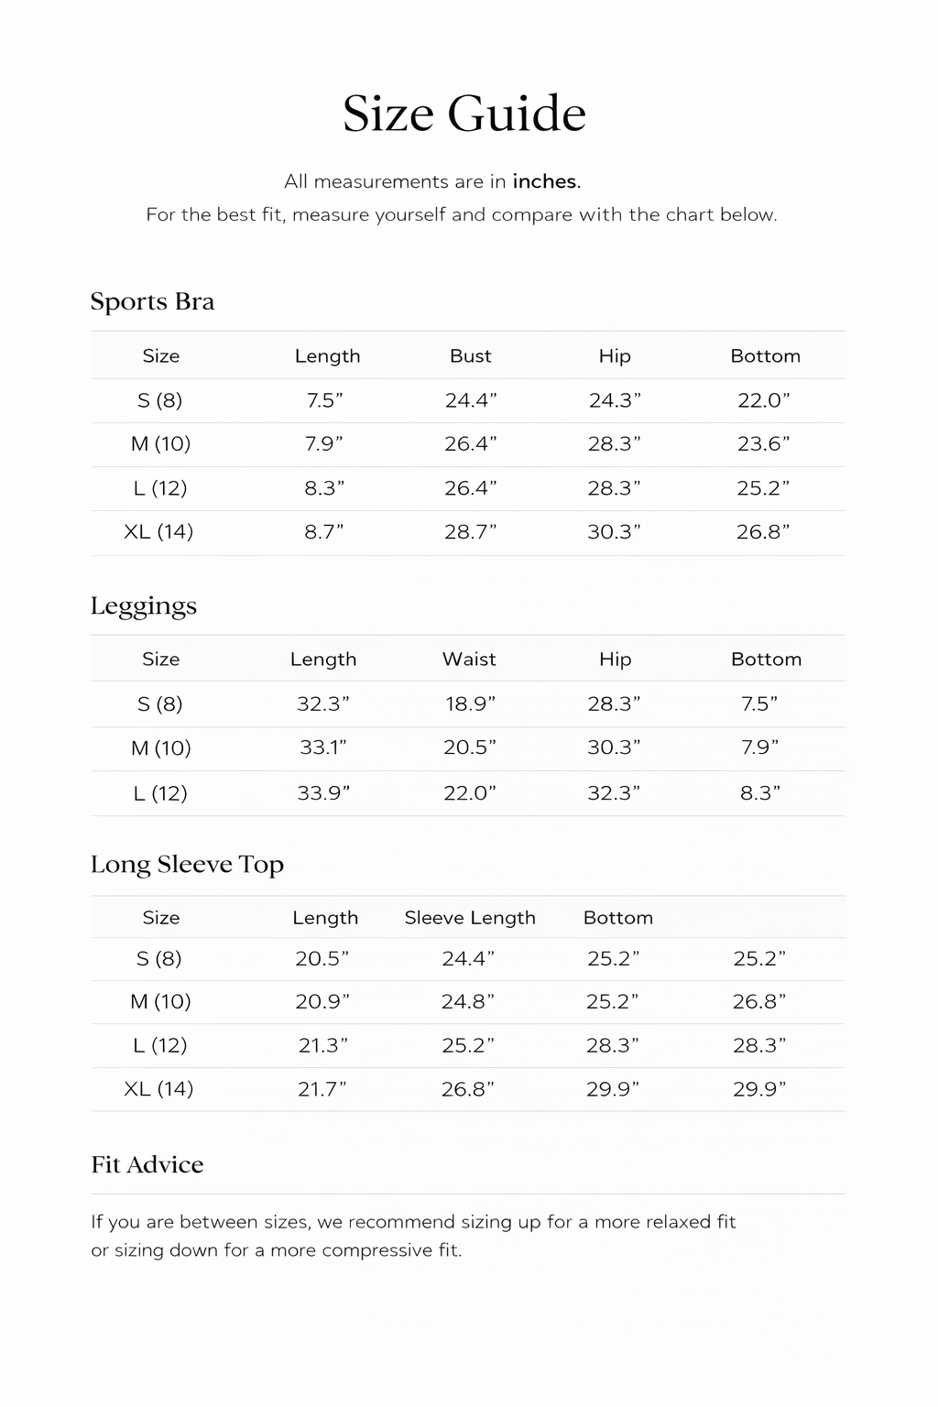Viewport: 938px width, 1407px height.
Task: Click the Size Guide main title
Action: [x=464, y=115]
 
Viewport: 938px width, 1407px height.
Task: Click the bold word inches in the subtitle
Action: [x=546, y=181]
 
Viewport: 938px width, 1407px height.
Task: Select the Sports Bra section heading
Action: [x=152, y=301]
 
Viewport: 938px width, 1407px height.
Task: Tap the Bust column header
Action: [x=470, y=355]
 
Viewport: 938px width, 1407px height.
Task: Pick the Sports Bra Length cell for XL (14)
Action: [x=324, y=531]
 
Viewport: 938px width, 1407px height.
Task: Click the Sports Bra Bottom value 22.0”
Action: [x=764, y=399]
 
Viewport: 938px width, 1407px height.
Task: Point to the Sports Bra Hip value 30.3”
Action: [x=614, y=531]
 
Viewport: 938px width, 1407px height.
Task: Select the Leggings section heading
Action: [x=144, y=605]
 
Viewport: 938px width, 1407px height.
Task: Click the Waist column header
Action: [x=469, y=659]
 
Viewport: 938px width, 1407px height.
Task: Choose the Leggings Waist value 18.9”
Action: [x=469, y=703]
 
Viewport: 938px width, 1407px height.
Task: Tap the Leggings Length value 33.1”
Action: [x=323, y=747]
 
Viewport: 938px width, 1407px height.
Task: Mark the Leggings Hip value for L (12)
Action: [x=614, y=792]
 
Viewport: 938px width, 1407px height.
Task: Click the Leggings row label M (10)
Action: [x=161, y=747]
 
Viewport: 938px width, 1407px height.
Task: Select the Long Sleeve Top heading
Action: [x=187, y=864]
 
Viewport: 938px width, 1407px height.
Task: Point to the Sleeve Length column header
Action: [x=470, y=917]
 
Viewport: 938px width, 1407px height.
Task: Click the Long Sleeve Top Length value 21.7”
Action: [x=322, y=1088]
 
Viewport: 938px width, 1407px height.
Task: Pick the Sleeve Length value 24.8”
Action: [x=468, y=1001]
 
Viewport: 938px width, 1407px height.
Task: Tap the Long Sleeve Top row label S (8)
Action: [x=159, y=958]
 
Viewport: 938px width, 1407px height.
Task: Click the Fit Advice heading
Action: [x=147, y=1164]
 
